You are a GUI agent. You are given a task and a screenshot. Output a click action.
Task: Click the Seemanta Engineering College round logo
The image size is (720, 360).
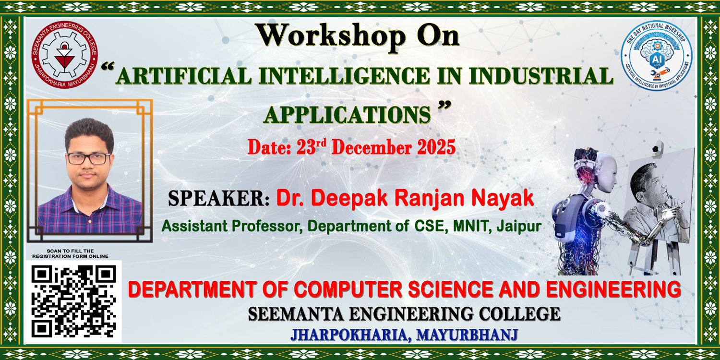pyautogui.click(x=65, y=55)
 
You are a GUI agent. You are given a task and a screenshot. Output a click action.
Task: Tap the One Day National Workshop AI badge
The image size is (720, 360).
pyautogui.click(x=656, y=55)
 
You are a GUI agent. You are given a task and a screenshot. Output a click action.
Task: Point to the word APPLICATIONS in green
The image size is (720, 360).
pyautogui.click(x=347, y=114)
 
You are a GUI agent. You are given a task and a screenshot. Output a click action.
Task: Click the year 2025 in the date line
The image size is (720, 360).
pyautogui.click(x=436, y=147)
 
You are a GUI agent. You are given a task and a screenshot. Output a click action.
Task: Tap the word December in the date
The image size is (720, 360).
pyautogui.click(x=371, y=147)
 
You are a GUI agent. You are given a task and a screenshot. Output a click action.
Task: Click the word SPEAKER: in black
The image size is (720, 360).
pyautogui.click(x=218, y=198)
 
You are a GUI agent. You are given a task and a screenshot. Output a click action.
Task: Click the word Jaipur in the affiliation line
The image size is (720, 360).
pyautogui.click(x=519, y=226)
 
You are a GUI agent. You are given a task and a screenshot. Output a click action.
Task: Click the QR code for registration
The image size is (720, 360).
pyautogui.click(x=73, y=301)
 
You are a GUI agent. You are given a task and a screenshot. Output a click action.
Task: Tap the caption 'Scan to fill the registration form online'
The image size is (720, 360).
pyautogui.click(x=70, y=253)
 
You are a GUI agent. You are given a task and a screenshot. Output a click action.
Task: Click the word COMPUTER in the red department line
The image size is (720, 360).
pyautogui.click(x=348, y=289)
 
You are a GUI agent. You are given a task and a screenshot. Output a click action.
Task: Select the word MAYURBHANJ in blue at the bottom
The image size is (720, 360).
pyautogui.click(x=467, y=335)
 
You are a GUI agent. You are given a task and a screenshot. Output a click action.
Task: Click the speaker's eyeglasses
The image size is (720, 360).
pyautogui.click(x=88, y=159)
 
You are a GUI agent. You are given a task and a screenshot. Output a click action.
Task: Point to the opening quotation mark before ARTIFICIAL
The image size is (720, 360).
pyautogui.click(x=108, y=67)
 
